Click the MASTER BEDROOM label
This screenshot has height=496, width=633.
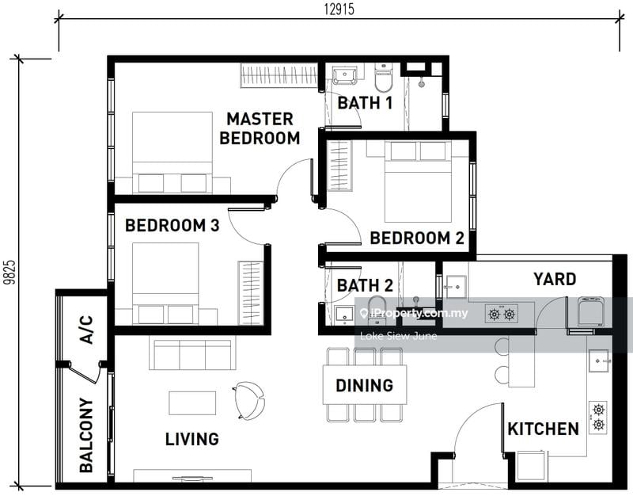(x=260, y=128)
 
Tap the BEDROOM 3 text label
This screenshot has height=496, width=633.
(x=172, y=226)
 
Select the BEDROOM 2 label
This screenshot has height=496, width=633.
(x=417, y=238)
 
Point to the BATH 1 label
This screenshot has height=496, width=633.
(x=365, y=103)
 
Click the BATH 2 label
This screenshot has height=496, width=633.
(x=365, y=285)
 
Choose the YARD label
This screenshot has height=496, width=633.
(x=555, y=280)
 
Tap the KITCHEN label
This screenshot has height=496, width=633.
(x=543, y=429)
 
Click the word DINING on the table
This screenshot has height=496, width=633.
(x=365, y=385)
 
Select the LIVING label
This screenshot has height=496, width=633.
(x=192, y=439)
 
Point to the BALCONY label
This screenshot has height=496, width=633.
(x=86, y=435)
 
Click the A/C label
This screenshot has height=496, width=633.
(x=86, y=330)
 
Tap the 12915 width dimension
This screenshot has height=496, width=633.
(x=339, y=9)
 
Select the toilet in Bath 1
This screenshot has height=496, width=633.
(x=383, y=77)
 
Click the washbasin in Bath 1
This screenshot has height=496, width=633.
(x=344, y=76)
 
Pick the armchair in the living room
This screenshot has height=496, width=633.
(x=248, y=400)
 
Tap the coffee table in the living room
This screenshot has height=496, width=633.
(x=192, y=403)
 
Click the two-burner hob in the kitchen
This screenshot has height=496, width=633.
(x=598, y=418)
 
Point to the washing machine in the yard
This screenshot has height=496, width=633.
(x=591, y=311)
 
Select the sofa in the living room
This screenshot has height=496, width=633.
(x=192, y=354)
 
